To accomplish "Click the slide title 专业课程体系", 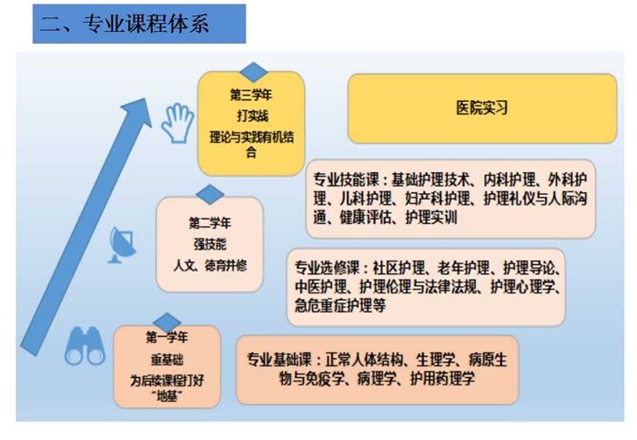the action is pos(147,24).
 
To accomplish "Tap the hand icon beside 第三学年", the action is pos(177,124).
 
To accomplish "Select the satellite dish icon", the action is pos(122,245).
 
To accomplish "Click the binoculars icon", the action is pos(85,346).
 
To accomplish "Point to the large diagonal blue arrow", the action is pos(86,227).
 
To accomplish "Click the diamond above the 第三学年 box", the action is pos(254,72).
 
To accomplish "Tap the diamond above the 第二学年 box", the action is pos(210,194).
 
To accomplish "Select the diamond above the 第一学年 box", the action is pos(167,322).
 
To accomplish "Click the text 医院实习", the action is pos(481,108).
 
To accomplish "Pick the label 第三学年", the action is pos(251,95).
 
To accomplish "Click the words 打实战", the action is pos(252,116).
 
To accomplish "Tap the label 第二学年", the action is pos(209,223).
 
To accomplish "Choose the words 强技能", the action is pos(209,244).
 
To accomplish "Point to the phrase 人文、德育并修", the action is pos(210,265).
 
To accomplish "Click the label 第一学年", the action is pos(167,338).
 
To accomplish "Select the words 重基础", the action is pos(167,360).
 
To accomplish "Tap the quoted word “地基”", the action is pos(167,395).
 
